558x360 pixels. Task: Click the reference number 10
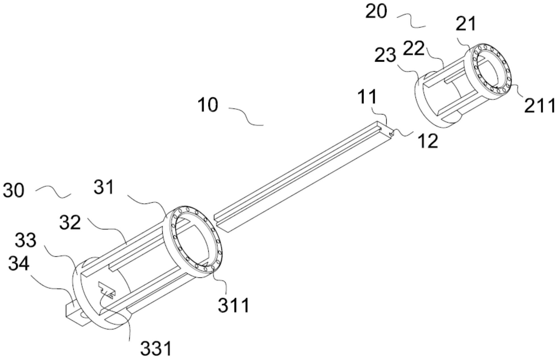(x=208, y=105)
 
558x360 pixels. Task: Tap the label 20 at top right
(x=376, y=12)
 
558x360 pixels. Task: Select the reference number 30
(x=13, y=190)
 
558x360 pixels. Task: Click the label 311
(x=234, y=305)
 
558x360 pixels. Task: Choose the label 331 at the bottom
(x=156, y=349)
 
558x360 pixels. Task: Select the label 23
(x=385, y=55)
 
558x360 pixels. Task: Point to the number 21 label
(x=466, y=24)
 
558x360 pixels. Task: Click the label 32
(x=70, y=223)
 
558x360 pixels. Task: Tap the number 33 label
(x=26, y=240)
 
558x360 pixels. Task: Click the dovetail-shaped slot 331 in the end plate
(x=107, y=290)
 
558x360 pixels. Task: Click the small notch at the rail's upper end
(x=391, y=132)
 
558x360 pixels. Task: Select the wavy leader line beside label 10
(x=246, y=116)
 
